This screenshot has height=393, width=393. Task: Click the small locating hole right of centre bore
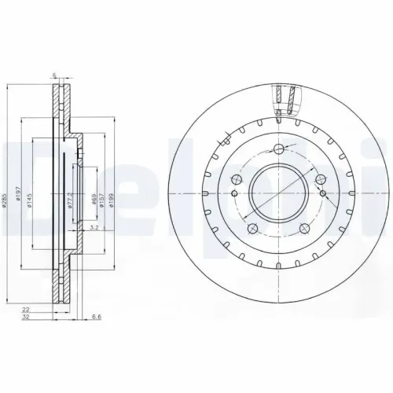(321, 193)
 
